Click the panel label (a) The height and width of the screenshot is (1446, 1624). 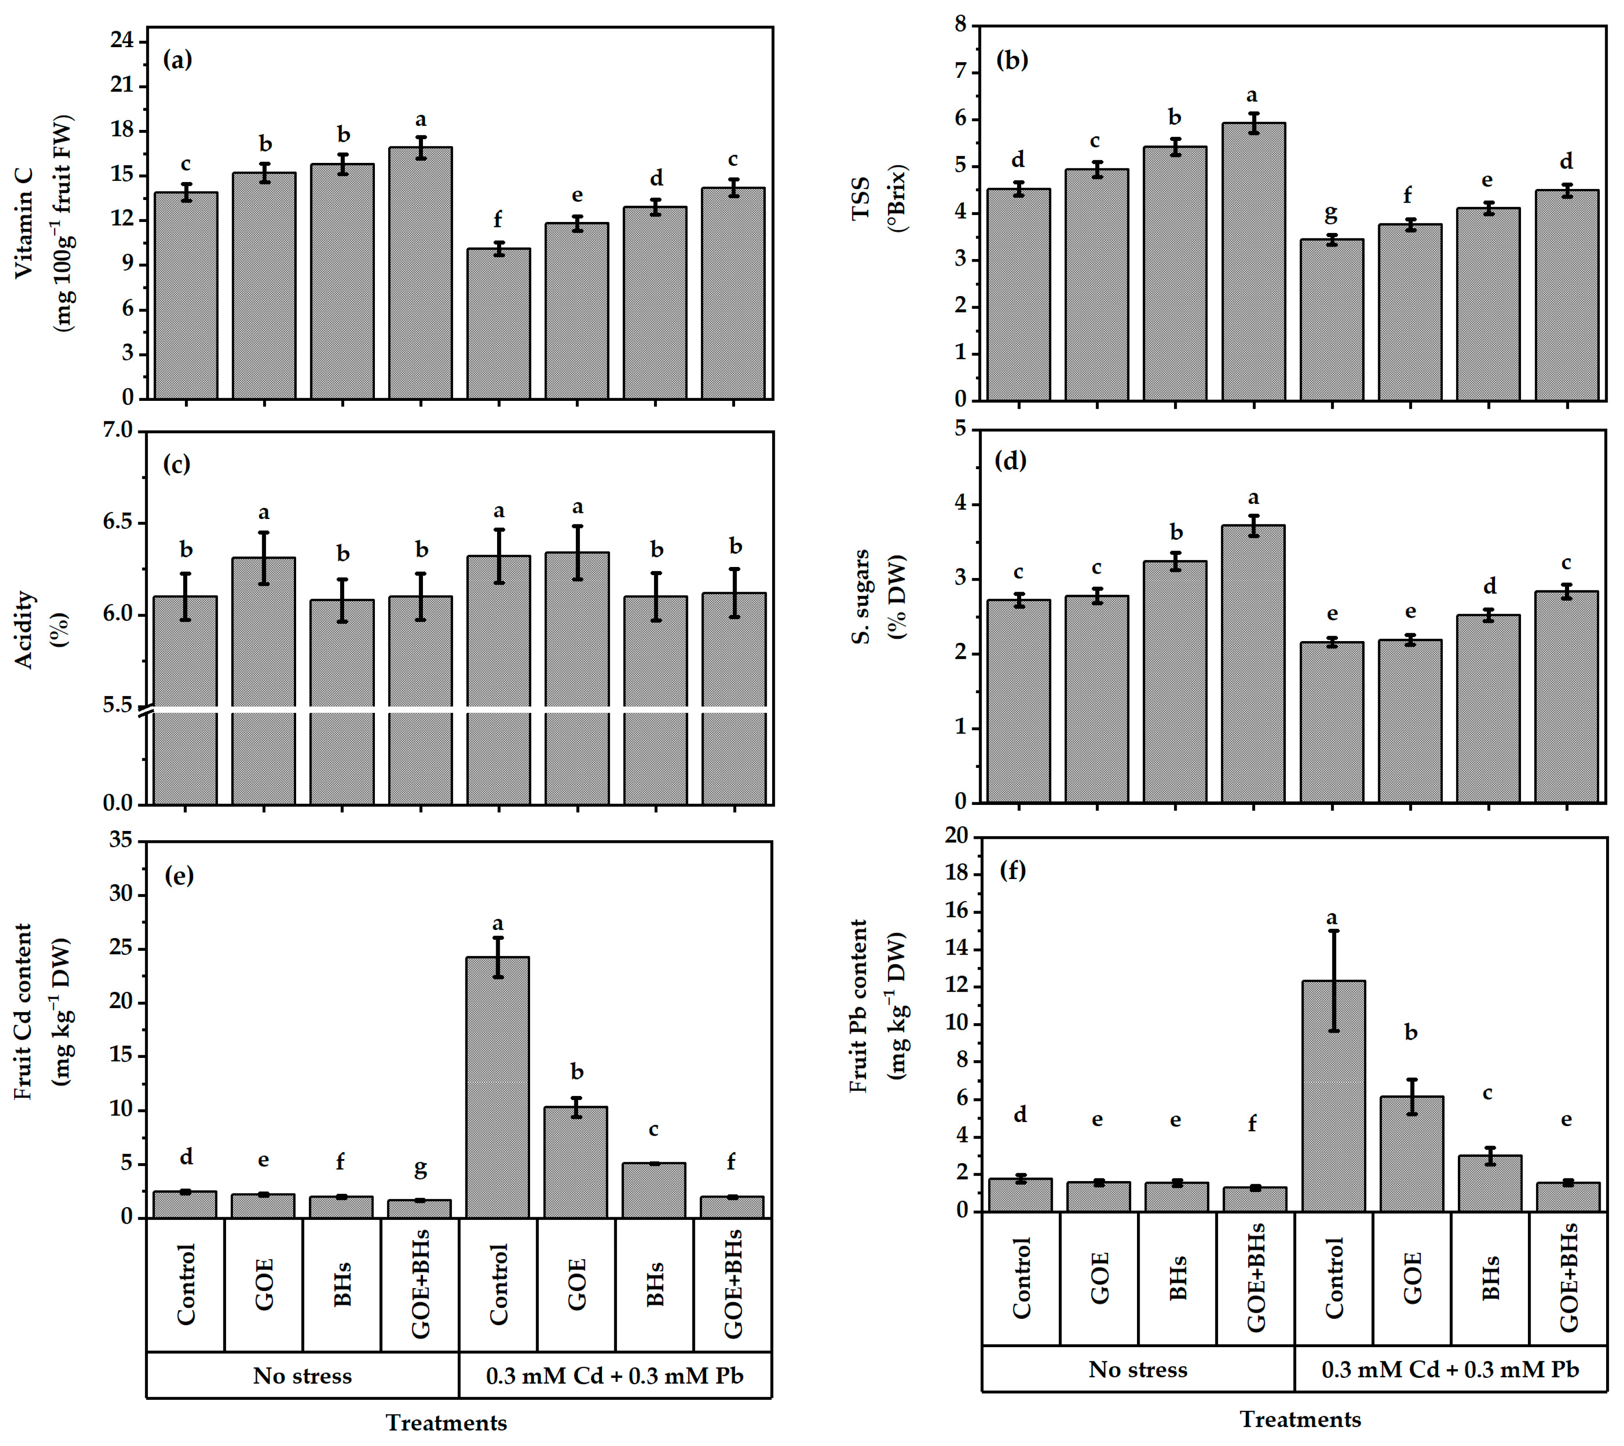pyautogui.click(x=177, y=59)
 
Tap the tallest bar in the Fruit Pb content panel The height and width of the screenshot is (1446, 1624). pyautogui.click(x=1333, y=1096)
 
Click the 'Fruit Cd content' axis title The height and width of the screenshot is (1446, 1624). pyautogui.click(x=24, y=1011)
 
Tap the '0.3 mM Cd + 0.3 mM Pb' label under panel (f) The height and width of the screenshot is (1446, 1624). pyautogui.click(x=1450, y=1370)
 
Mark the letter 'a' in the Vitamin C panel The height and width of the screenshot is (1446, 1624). pyautogui.click(x=420, y=120)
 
